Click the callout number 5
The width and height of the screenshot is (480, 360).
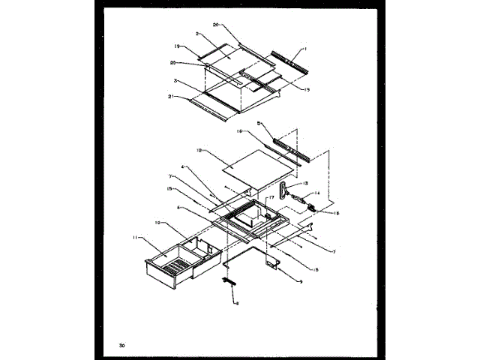pyautogui.click(x=280, y=121)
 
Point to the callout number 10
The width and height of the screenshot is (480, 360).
pyautogui.click(x=157, y=223)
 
